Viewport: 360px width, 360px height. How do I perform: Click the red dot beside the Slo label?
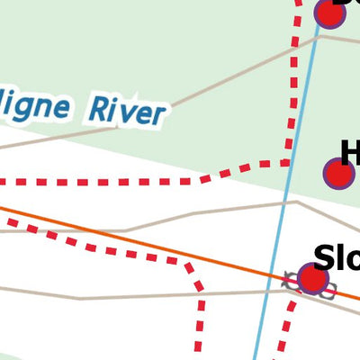click(312, 279)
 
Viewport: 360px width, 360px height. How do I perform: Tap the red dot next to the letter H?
click(338, 174)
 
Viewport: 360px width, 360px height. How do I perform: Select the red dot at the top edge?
click(329, 13)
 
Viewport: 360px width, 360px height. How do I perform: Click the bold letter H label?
click(350, 153)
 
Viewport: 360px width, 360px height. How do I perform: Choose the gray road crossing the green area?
click(180, 99)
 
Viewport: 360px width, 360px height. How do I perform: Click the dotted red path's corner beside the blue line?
click(286, 163)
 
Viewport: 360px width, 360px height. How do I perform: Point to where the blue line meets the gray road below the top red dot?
click(317, 37)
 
